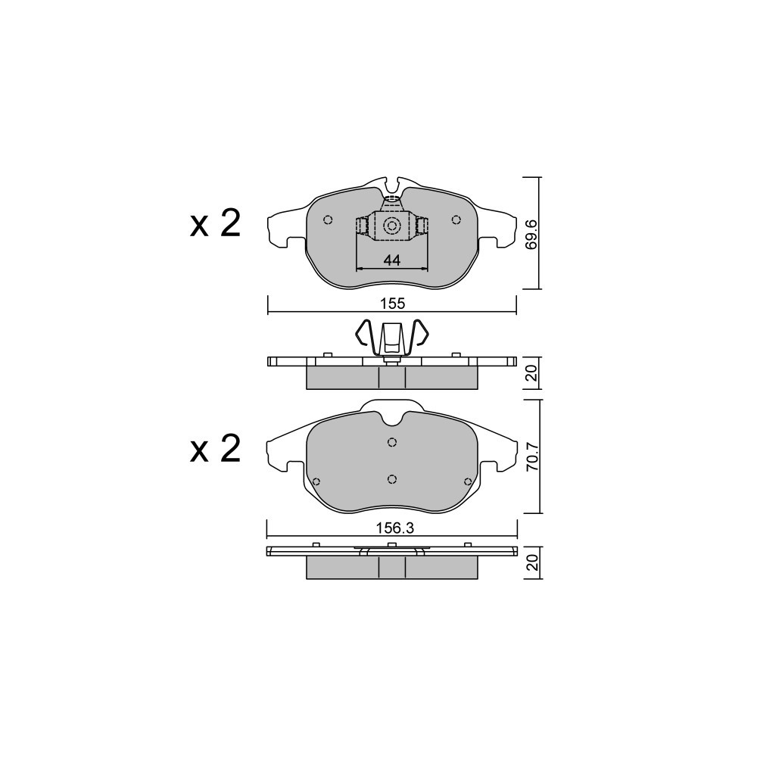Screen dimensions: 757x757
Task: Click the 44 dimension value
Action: [x=392, y=260]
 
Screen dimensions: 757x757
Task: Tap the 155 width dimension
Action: [x=392, y=304]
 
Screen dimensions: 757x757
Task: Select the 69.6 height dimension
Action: [x=531, y=234]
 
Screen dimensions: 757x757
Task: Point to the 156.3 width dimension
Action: [x=395, y=528]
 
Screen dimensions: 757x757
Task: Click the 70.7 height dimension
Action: [x=531, y=456]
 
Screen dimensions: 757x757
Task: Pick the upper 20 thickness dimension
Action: [x=531, y=373]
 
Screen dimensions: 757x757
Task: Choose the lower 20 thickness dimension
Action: [x=531, y=563]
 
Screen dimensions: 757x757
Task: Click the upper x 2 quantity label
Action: [x=215, y=224]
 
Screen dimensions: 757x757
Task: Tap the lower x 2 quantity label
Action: [x=215, y=449]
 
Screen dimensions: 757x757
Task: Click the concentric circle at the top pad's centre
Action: [x=391, y=226]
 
